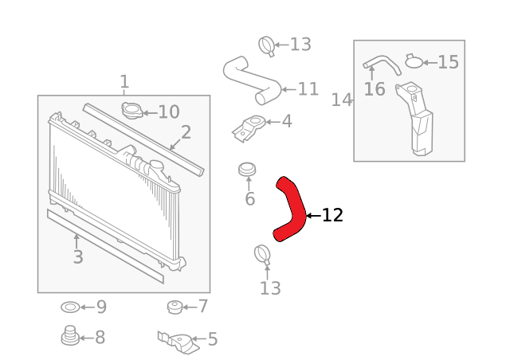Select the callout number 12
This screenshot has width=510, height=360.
(332, 215)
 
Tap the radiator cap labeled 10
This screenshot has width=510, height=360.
(132, 110)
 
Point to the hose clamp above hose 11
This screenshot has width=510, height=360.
(267, 46)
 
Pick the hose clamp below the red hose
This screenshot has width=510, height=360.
(262, 255)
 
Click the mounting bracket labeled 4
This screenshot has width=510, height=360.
(248, 127)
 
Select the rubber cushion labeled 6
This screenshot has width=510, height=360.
(247, 170)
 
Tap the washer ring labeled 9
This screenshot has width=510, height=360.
(70, 307)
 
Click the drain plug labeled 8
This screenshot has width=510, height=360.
(70, 335)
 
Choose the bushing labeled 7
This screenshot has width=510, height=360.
(175, 307)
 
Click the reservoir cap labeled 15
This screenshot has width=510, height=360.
(414, 61)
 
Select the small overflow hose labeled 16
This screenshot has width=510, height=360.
(382, 64)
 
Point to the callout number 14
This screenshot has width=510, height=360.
(342, 100)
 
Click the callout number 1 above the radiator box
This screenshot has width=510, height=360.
(124, 81)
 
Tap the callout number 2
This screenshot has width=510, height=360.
(186, 132)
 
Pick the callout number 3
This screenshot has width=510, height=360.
(78, 256)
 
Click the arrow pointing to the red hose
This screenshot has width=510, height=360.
(313, 215)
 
